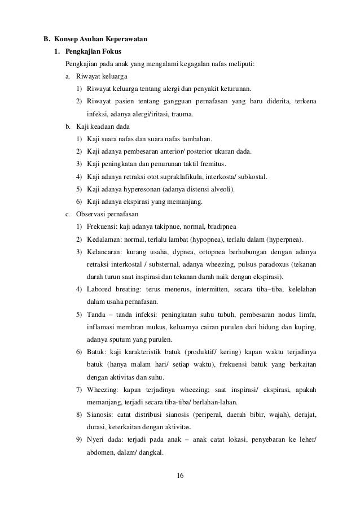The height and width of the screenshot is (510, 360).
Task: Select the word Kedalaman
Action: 104,238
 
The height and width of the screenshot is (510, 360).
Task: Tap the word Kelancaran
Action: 106,251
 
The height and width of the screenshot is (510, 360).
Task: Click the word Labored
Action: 100,289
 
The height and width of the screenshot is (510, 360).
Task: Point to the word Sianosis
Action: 102,415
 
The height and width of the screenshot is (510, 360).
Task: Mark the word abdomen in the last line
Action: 99,452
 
